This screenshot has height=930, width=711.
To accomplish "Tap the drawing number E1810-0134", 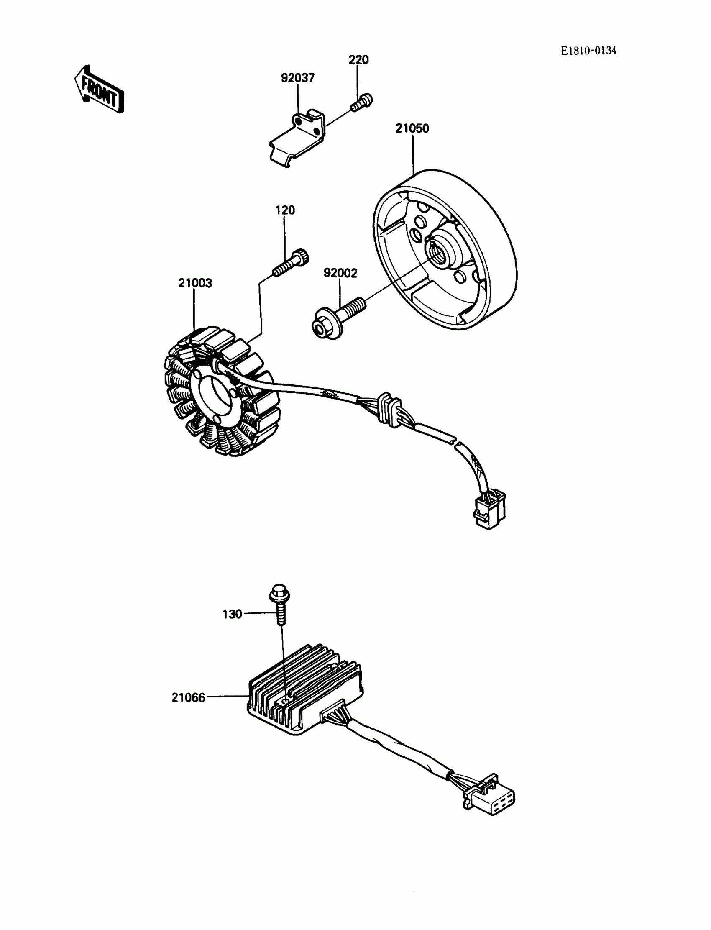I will (x=588, y=51).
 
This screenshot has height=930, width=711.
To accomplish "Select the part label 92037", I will (x=297, y=78).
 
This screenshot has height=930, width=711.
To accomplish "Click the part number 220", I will (x=358, y=60).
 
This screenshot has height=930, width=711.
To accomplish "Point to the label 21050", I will (x=412, y=128).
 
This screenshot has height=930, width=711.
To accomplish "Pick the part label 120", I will (x=285, y=210).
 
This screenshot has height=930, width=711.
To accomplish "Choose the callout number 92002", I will (x=340, y=273).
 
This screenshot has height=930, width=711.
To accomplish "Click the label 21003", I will (x=194, y=283).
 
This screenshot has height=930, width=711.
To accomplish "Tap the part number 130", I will (x=232, y=614).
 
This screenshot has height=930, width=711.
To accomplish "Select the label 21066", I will (x=188, y=697).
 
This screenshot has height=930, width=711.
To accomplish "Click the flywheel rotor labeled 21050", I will (x=444, y=250).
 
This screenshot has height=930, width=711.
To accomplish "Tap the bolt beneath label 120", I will (x=291, y=263).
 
